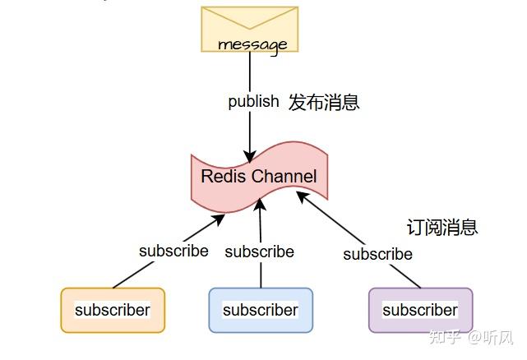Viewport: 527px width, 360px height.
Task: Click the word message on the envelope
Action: point(252,44)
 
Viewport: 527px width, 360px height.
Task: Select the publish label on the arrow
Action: point(253,103)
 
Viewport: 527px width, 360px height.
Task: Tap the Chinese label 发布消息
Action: point(324,103)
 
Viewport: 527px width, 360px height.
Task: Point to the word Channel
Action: point(284,177)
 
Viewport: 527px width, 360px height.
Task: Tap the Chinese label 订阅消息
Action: point(442,227)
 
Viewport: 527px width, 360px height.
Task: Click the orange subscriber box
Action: point(113,310)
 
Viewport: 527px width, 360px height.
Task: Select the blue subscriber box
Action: point(261,310)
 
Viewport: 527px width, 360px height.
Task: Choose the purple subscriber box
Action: point(420,310)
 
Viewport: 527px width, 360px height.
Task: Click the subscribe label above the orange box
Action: point(173,251)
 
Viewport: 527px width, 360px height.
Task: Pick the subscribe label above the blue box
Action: point(259,252)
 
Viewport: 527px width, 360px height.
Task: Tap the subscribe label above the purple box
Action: point(377,254)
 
